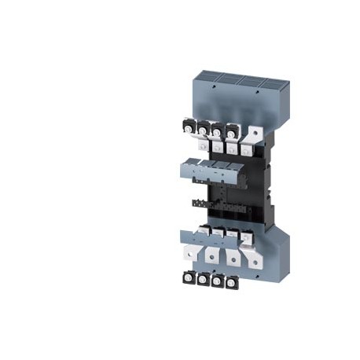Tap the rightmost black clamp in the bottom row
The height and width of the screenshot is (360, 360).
(x=231, y=281)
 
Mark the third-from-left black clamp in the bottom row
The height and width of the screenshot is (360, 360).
(x=218, y=280)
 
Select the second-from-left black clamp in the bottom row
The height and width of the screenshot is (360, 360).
(x=204, y=280)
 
